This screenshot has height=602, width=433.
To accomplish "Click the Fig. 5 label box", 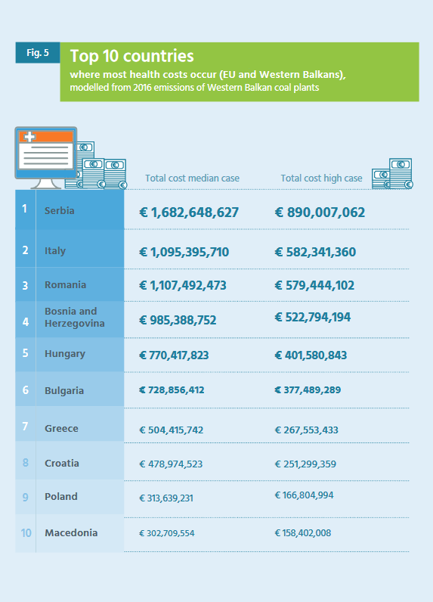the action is (x=38, y=53).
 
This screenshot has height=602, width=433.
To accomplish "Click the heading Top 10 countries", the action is (x=132, y=56).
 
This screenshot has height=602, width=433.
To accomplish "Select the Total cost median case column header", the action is (x=192, y=178).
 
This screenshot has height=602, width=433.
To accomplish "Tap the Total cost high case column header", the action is (x=321, y=178).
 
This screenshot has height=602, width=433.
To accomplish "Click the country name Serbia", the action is (x=60, y=211).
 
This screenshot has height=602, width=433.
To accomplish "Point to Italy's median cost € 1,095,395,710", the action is (x=184, y=252).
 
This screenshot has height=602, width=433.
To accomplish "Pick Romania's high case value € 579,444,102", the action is (x=314, y=285).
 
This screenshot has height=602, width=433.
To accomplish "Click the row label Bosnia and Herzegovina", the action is (x=74, y=317).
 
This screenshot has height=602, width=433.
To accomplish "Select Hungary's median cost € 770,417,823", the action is (x=174, y=355).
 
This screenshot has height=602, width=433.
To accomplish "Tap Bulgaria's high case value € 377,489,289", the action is (x=308, y=390).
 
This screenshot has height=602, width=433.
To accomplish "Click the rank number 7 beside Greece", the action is (x=25, y=426).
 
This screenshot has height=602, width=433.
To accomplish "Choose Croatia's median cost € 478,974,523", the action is (x=171, y=464).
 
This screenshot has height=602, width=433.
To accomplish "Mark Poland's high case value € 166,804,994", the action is (x=304, y=495).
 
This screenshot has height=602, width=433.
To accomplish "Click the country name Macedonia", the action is (x=71, y=533).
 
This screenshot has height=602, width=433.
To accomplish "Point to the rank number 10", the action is (x=26, y=533).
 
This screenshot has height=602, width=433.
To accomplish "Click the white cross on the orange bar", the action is (x=29, y=137).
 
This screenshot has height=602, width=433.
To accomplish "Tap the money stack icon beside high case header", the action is (x=392, y=173).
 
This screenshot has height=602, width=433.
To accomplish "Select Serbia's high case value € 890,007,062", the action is (x=320, y=213).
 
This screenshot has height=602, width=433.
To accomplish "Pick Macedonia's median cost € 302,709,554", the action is (x=166, y=533).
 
